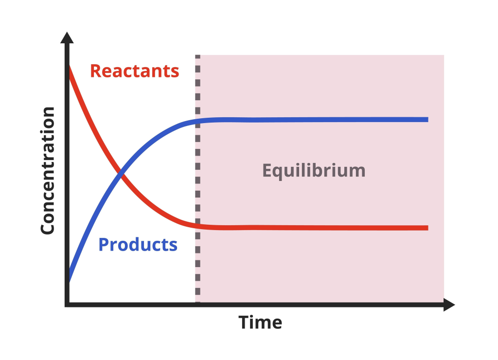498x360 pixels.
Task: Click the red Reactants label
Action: coord(135,71)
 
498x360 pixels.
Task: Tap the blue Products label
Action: coord(138,244)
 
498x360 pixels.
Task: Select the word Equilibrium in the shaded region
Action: coord(314,171)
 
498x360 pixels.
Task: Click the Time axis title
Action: coord(260,322)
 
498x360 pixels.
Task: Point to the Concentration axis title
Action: coord(48,171)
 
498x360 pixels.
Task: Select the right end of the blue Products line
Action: coord(427,119)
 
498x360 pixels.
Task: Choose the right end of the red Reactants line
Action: coord(427,228)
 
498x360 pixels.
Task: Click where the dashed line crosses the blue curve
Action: coord(197,121)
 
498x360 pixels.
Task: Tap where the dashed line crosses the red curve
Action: coord(197,225)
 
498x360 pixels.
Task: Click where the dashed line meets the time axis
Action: coord(197,305)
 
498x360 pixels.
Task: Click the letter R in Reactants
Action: coord(96,71)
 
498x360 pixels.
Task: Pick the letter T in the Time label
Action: coord(243,322)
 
